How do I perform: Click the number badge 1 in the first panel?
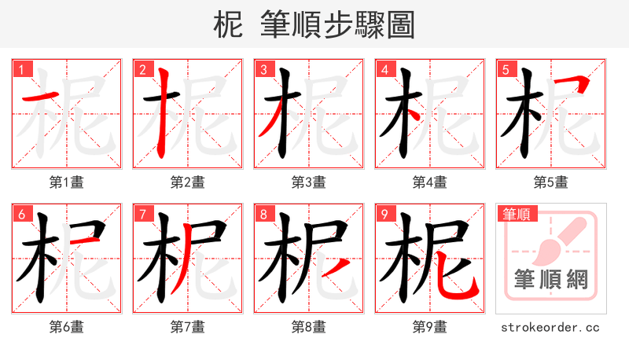pyautogui.click(x=21, y=70)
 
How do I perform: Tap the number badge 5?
pyautogui.click(x=506, y=70)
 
